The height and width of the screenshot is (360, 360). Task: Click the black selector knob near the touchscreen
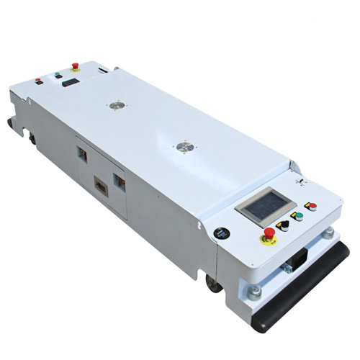pyautogui.click(x=284, y=225)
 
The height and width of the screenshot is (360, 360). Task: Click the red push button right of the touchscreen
pyautogui.click(x=312, y=207)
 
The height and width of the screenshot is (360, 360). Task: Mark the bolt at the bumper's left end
pyautogui.click(x=254, y=292)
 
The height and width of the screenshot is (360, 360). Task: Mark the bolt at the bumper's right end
pyautogui.click(x=328, y=233)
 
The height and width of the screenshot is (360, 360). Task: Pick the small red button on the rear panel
pyautogui.click(x=39, y=81)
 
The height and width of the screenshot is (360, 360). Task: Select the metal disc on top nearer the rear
pyautogui.click(x=114, y=105)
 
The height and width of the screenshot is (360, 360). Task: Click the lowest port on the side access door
pyautogui.click(x=101, y=188)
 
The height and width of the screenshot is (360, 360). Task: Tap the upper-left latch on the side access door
pyautogui.click(x=81, y=153)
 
